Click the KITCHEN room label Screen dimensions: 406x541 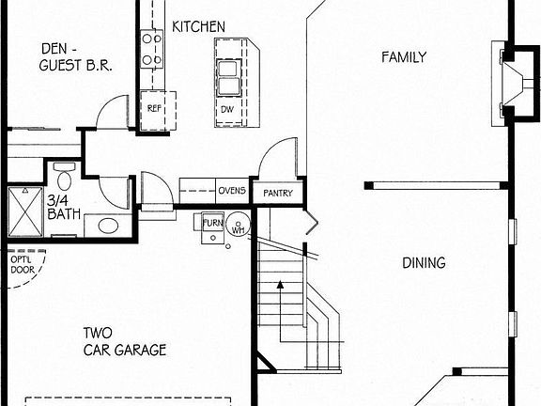[198, 26]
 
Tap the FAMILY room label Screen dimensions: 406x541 [403, 57]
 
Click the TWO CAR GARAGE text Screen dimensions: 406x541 [124, 341]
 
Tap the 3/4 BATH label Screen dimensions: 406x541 [63, 207]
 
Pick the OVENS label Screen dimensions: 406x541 [232, 191]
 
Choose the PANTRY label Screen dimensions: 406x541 [278, 194]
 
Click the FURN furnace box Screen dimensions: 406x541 [212, 223]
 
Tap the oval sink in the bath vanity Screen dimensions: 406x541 [107, 226]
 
